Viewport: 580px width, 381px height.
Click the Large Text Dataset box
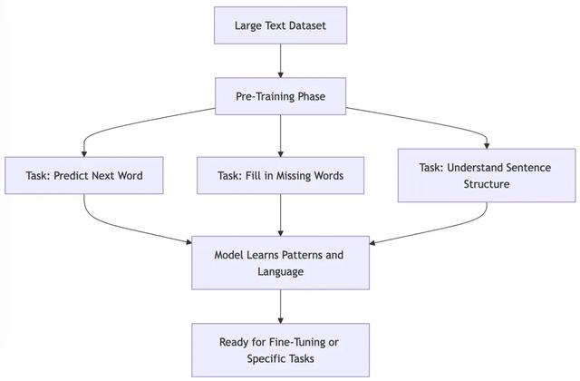280,25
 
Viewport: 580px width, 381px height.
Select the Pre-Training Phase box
280,96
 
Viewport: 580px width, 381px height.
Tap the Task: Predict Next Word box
84,175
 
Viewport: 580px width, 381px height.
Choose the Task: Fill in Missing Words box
280,175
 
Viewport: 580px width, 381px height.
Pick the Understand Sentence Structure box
487,175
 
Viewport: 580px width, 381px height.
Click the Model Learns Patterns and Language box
280,263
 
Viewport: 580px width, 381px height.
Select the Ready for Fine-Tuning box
280,350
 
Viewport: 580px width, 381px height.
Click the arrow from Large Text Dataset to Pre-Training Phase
280,61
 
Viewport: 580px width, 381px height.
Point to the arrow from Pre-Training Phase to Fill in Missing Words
280,136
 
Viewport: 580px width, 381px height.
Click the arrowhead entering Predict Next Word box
84,154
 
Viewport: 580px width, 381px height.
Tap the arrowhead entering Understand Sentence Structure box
487,146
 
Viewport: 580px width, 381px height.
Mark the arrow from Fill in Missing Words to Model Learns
280,215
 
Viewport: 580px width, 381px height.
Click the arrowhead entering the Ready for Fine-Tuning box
280,320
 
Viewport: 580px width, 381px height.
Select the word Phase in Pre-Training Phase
312,97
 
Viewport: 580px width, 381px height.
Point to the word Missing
292,175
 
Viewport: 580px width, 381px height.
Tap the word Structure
487,184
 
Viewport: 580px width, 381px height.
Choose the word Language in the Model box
280,272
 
